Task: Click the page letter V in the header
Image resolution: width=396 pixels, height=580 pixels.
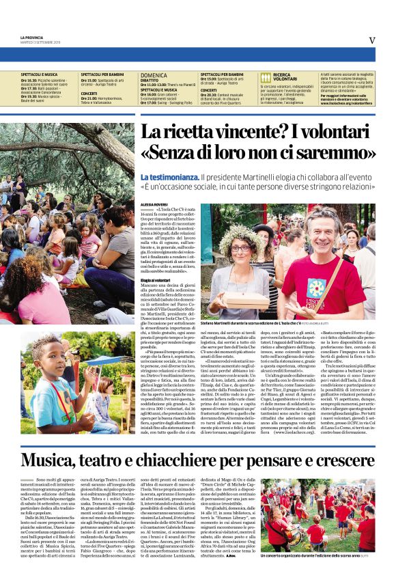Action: tap(372, 40)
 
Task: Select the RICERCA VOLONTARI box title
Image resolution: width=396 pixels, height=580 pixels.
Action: tap(282, 77)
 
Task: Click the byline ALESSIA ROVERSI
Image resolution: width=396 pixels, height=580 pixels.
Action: tap(154, 204)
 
